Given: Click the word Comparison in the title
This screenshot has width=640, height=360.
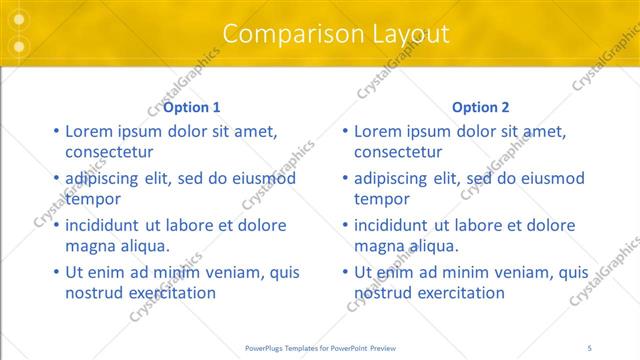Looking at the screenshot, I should (282, 34).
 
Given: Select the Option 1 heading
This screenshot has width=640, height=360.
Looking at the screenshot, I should (192, 107).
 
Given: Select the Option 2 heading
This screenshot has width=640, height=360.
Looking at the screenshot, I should (480, 107).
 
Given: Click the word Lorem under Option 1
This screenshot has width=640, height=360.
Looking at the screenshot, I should (90, 130).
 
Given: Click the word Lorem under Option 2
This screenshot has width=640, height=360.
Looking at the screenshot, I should (379, 130).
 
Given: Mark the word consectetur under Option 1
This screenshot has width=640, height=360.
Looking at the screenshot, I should (109, 152).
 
